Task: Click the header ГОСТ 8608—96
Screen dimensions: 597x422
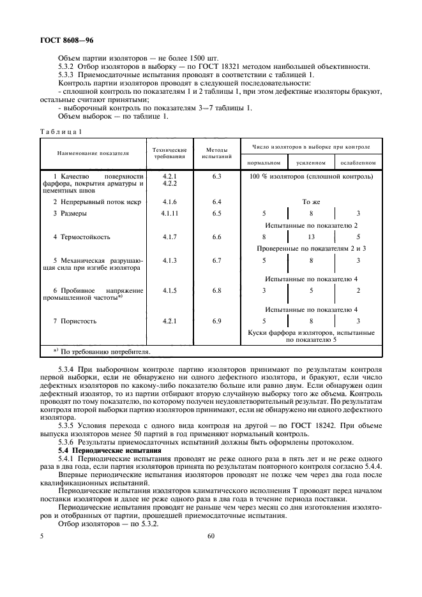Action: [63, 40]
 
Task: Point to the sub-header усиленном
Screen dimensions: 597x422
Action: [312, 163]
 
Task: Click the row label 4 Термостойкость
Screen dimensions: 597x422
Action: [82, 237]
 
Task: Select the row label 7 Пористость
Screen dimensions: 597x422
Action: [75, 321]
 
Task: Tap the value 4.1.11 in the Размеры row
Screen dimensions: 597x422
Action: [169, 214]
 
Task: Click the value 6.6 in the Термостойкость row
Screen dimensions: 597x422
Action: [216, 237]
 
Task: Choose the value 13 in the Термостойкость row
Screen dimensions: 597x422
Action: [312, 237]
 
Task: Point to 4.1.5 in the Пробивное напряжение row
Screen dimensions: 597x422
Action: [169, 290]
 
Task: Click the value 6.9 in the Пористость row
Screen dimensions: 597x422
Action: [216, 321]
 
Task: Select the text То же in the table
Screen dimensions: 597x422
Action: [311, 202]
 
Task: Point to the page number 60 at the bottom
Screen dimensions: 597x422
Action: [211, 536]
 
